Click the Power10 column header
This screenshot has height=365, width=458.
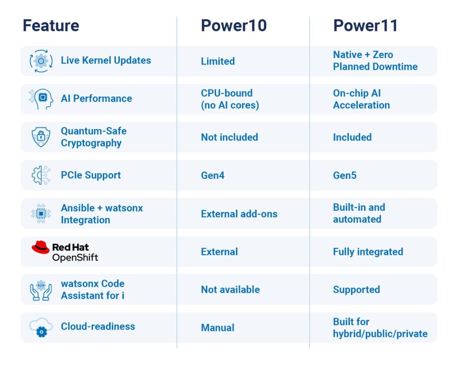[x=233, y=25]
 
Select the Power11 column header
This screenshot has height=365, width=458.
[x=365, y=25]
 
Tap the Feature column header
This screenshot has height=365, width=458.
[x=51, y=25]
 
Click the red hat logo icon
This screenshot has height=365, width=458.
[x=41, y=247]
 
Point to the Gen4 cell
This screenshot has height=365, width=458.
[x=212, y=175]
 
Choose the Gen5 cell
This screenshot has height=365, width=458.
[x=345, y=175]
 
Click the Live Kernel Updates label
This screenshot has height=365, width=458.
[x=106, y=60]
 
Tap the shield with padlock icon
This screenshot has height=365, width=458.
[x=41, y=137]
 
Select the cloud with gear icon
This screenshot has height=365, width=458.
[x=41, y=327]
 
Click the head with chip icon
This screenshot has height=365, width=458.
[x=42, y=99]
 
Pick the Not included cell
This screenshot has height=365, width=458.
[x=229, y=137]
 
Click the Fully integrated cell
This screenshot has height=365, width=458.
[x=368, y=252]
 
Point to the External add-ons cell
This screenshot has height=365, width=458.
[x=239, y=214]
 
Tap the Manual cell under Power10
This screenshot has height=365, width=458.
[x=218, y=327]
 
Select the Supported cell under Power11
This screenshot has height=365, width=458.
[x=356, y=290]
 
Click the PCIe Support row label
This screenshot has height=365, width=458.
[x=91, y=175]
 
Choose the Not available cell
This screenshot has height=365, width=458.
[x=230, y=290]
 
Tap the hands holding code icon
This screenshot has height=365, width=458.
[x=41, y=290]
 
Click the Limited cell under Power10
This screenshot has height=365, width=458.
[x=218, y=61]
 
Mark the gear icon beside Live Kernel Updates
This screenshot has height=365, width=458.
[x=41, y=61]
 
